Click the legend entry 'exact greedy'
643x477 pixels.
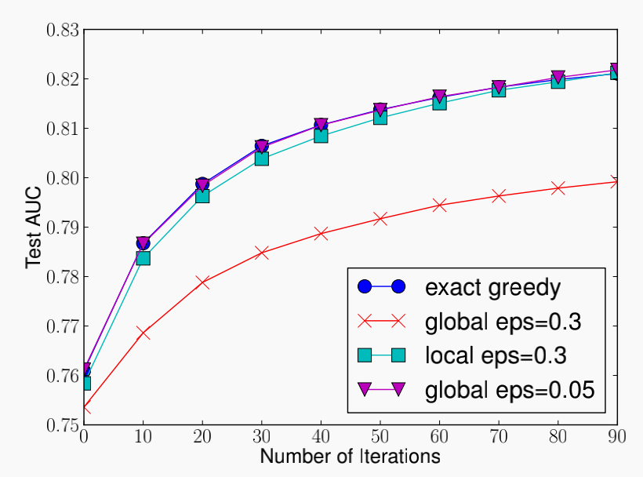tap(492, 287)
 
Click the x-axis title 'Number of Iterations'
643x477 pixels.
tap(350, 456)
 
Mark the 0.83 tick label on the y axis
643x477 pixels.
tap(63, 31)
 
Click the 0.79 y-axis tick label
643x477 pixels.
tap(63, 228)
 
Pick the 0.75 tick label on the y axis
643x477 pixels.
tap(63, 424)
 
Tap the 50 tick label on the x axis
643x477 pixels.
tap(380, 436)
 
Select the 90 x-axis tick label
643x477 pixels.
tap(617, 436)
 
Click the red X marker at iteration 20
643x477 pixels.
tap(202, 282)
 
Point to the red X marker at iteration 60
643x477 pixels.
tap(439, 206)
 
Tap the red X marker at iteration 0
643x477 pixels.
tap(85, 408)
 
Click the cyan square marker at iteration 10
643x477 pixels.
tap(143, 258)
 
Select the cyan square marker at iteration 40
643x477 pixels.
tap(321, 136)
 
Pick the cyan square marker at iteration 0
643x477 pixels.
tap(84, 383)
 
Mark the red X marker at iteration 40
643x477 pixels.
tap(321, 234)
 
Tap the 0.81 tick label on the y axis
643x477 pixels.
tap(63, 129)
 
